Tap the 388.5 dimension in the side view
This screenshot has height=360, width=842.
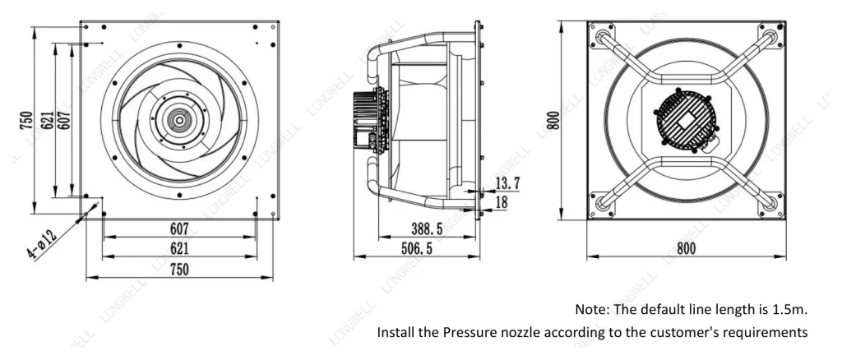(x=427, y=229)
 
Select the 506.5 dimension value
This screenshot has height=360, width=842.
(x=416, y=249)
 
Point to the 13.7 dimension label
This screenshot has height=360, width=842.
(x=507, y=183)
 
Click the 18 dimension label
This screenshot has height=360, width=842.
(x=501, y=202)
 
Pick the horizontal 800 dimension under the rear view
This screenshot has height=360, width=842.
(x=686, y=249)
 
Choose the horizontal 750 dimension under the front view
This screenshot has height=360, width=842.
(x=179, y=270)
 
